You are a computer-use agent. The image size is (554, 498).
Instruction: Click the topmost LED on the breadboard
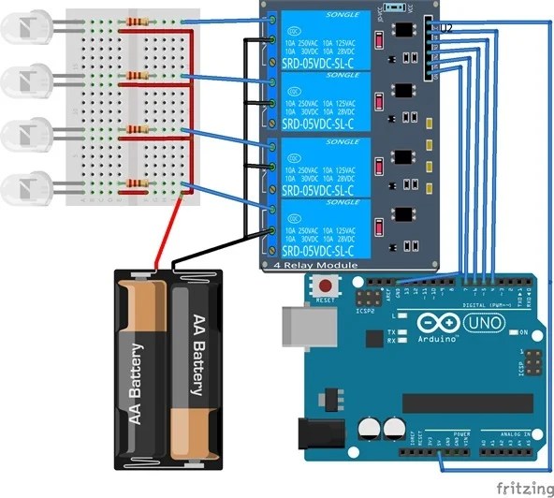[x=23, y=28]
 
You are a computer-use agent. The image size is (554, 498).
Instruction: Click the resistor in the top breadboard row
[x=139, y=22]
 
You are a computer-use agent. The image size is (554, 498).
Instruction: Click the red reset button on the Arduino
[x=326, y=286]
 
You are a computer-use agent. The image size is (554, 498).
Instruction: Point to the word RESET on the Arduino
[x=326, y=300]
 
